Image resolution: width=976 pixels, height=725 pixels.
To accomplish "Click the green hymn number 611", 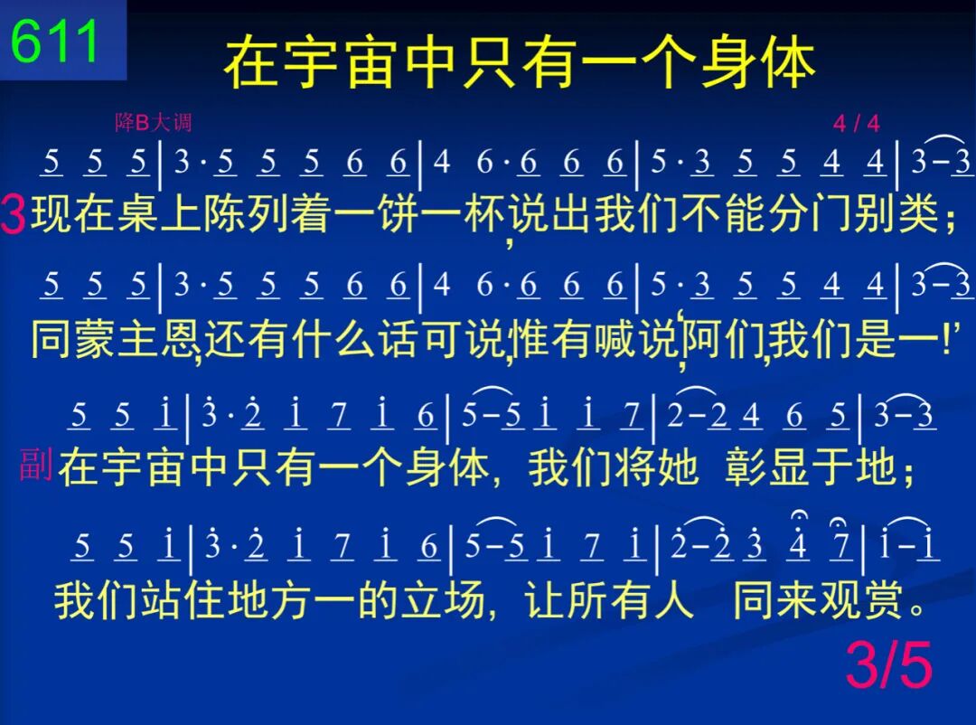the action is click(x=55, y=41).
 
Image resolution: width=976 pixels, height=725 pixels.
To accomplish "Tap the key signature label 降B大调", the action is click(x=153, y=122).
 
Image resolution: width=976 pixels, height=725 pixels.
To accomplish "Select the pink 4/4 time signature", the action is click(x=857, y=123).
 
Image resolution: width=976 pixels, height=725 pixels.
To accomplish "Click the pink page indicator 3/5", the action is click(x=889, y=665).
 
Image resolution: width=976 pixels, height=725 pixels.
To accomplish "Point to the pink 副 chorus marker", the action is click(x=35, y=465).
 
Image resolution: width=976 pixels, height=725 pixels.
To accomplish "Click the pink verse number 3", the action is click(x=13, y=213).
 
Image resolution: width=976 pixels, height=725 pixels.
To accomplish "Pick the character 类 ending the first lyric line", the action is click(x=918, y=213).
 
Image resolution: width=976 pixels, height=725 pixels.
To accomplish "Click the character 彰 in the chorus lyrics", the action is click(x=746, y=467).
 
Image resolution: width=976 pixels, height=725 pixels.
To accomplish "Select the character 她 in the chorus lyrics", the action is click(x=677, y=467).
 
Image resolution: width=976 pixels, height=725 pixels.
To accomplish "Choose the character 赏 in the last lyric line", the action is click(x=881, y=600).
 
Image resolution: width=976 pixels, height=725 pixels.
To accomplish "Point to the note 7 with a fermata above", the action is click(x=841, y=543).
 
